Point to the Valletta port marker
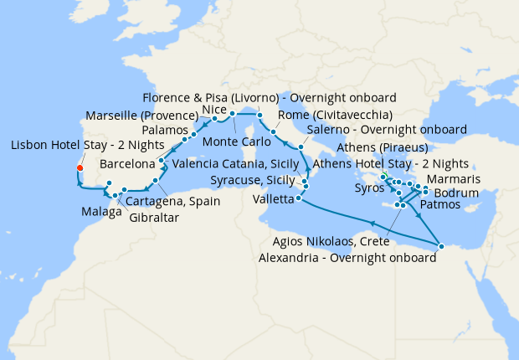tap(298, 198)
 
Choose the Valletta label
tap(273, 198)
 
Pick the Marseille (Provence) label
tap(141, 115)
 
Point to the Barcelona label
tap(127, 163)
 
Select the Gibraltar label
tap(154, 218)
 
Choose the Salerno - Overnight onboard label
tap(387, 130)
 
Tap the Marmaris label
tap(453, 179)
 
